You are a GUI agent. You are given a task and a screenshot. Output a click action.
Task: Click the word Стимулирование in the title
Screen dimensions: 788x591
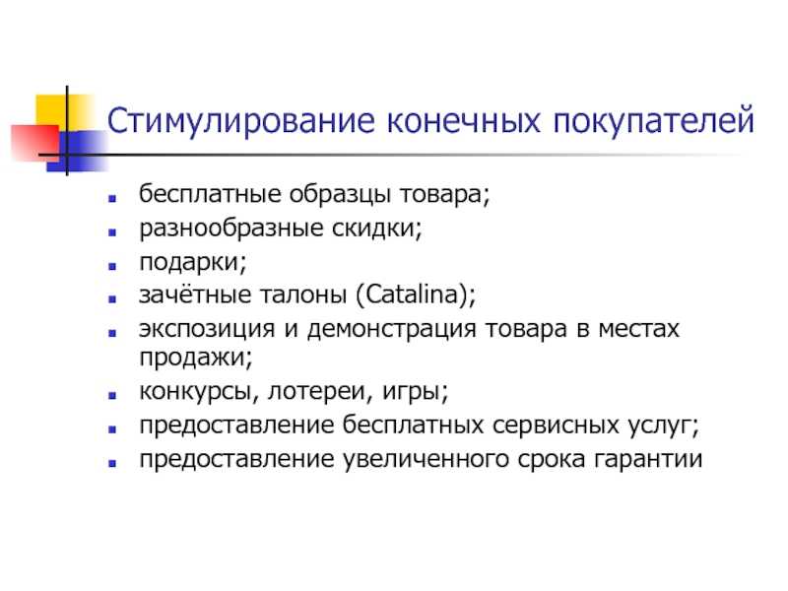coord(240,121)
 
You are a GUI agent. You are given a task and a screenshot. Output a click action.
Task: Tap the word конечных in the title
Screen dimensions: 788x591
coord(463,121)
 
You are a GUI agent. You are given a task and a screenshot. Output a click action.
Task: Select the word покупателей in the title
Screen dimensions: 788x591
coord(653,120)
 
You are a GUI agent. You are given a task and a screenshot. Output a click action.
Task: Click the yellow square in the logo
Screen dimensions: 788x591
coord(64,113)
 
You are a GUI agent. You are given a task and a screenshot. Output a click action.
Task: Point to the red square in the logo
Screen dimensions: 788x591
coord(35,143)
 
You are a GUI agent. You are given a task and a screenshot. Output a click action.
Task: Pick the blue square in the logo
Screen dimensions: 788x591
coord(77,152)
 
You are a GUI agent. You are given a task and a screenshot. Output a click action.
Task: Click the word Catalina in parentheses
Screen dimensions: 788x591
coord(413,295)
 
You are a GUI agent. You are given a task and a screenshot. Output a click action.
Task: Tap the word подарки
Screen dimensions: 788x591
coord(191,262)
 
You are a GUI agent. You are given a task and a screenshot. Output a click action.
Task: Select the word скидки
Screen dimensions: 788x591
coord(374,229)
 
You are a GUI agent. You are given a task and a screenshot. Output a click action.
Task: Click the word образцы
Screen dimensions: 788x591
coord(339,195)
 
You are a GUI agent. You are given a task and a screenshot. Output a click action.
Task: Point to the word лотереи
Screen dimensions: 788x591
coord(316,391)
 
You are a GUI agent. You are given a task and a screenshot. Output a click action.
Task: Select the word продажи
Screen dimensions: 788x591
coord(193,358)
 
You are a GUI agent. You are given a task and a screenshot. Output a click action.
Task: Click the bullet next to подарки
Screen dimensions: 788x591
coord(112,266)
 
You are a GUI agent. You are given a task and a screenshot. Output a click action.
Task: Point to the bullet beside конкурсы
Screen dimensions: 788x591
coord(112,396)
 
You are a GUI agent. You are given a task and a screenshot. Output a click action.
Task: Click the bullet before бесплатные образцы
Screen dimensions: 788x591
coord(112,199)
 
